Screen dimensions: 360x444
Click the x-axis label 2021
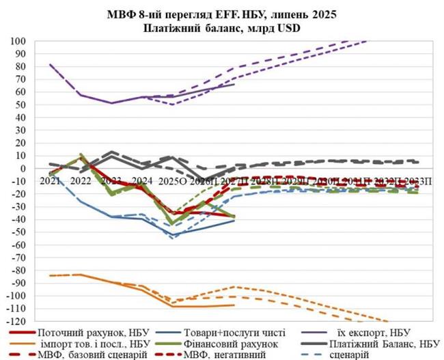51,181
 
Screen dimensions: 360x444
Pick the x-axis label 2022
81,181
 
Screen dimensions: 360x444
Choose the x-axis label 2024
142,181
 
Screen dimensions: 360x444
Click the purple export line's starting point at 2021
51,65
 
